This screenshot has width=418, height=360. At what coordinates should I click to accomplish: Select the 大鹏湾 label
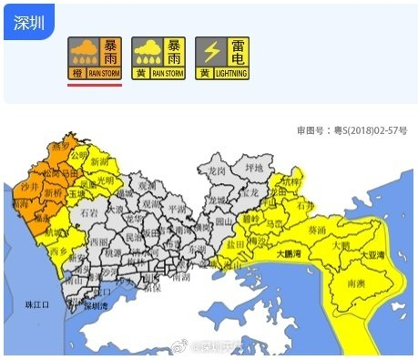pos(289,255)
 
